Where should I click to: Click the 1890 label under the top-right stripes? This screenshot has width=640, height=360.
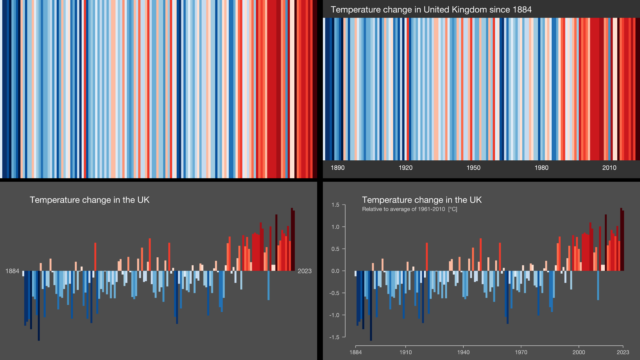tap(337, 168)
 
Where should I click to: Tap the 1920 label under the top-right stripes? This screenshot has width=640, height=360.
tap(405, 168)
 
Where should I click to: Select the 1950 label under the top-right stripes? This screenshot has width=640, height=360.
tap(473, 168)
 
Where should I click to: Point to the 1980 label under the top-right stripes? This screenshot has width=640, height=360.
tap(541, 168)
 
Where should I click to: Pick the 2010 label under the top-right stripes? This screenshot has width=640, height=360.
tap(609, 168)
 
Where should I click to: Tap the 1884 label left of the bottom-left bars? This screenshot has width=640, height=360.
tap(12, 271)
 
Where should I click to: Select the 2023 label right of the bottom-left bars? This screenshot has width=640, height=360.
tap(304, 271)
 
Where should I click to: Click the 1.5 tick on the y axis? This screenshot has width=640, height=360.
tap(335, 205)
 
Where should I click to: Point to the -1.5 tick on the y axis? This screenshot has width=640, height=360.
tap(334, 337)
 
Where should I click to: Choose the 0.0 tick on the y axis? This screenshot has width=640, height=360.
tap(335, 271)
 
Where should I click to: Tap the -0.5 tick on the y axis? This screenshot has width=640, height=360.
tap(334, 293)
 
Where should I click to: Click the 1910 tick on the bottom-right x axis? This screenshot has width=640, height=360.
tap(405, 352)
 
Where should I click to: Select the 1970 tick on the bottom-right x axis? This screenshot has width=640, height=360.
tap(521, 352)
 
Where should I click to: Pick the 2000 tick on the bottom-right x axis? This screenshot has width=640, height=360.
tap(579, 352)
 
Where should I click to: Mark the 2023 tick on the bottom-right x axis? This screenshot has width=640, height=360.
tap(623, 352)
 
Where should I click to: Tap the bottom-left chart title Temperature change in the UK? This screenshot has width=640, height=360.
tap(90, 200)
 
